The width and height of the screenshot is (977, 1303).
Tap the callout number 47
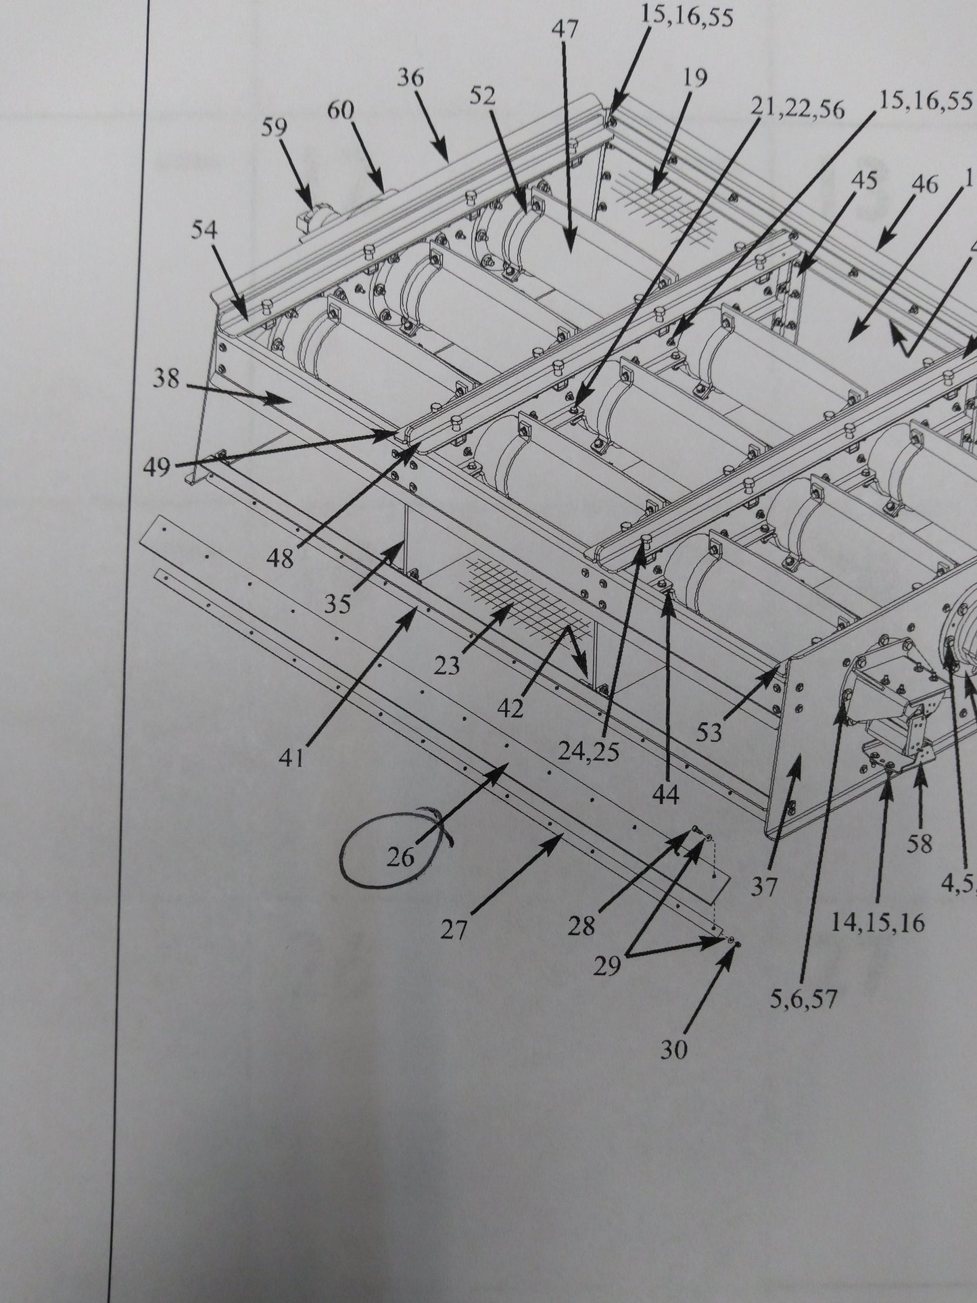566,30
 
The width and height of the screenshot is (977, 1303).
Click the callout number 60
340,110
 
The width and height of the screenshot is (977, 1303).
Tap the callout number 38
166,379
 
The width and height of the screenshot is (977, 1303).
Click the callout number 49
157,467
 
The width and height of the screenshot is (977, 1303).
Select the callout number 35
337,603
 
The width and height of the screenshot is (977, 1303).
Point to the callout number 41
292,759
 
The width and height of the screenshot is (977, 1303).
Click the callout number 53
709,732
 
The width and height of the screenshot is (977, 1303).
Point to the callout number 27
454,931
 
